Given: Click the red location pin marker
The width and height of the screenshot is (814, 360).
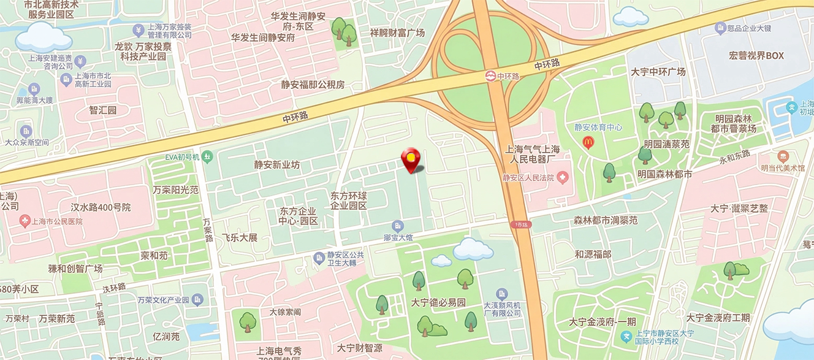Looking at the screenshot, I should (x=411, y=159).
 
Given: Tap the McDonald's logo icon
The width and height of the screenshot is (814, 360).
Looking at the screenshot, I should (x=588, y=142).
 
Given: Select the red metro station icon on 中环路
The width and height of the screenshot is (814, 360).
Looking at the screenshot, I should (x=490, y=77).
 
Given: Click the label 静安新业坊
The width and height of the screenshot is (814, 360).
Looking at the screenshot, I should (x=277, y=165).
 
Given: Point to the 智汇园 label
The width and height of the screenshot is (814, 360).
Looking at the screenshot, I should (x=103, y=110).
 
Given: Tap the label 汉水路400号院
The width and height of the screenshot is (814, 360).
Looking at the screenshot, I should (x=101, y=207).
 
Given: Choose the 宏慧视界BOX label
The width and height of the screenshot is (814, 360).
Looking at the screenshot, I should (x=756, y=56).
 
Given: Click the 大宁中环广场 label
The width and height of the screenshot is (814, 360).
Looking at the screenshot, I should (x=658, y=72).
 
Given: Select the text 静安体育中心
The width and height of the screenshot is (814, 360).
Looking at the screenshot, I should (x=598, y=128).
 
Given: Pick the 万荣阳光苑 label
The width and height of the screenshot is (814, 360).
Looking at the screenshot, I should (x=176, y=190).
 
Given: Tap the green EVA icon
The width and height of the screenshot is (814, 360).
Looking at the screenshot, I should (x=208, y=157).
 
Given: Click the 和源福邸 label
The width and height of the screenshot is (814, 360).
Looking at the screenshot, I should (x=593, y=254).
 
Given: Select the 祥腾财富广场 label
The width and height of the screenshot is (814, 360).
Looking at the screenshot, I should (x=397, y=33).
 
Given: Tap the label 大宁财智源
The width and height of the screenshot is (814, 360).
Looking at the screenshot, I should (x=360, y=348).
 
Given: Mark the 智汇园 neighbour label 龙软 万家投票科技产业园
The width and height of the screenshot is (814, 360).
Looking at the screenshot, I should (x=143, y=52).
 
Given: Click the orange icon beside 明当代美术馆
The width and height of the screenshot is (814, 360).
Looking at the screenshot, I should (x=783, y=156).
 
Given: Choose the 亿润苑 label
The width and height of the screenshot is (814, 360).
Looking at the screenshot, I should (x=166, y=337).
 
